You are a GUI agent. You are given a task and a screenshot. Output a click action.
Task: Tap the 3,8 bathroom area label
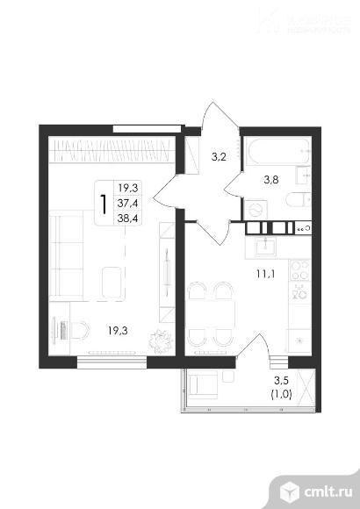pyautogui.click(x=272, y=183)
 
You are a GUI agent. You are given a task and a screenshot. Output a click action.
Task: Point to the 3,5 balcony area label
pyautogui.click(x=280, y=381)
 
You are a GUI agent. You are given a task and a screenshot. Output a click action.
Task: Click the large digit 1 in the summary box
pyautogui.click(x=105, y=204)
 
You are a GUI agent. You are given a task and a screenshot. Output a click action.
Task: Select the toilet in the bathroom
pyautogui.click(x=299, y=200)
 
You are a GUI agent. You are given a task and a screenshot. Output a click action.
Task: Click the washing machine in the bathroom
pyautogui.click(x=257, y=208)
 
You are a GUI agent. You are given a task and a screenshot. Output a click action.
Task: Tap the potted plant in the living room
pyautogui.click(x=161, y=339)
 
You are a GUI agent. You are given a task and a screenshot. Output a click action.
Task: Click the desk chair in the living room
pyautogui.click(x=80, y=332)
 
